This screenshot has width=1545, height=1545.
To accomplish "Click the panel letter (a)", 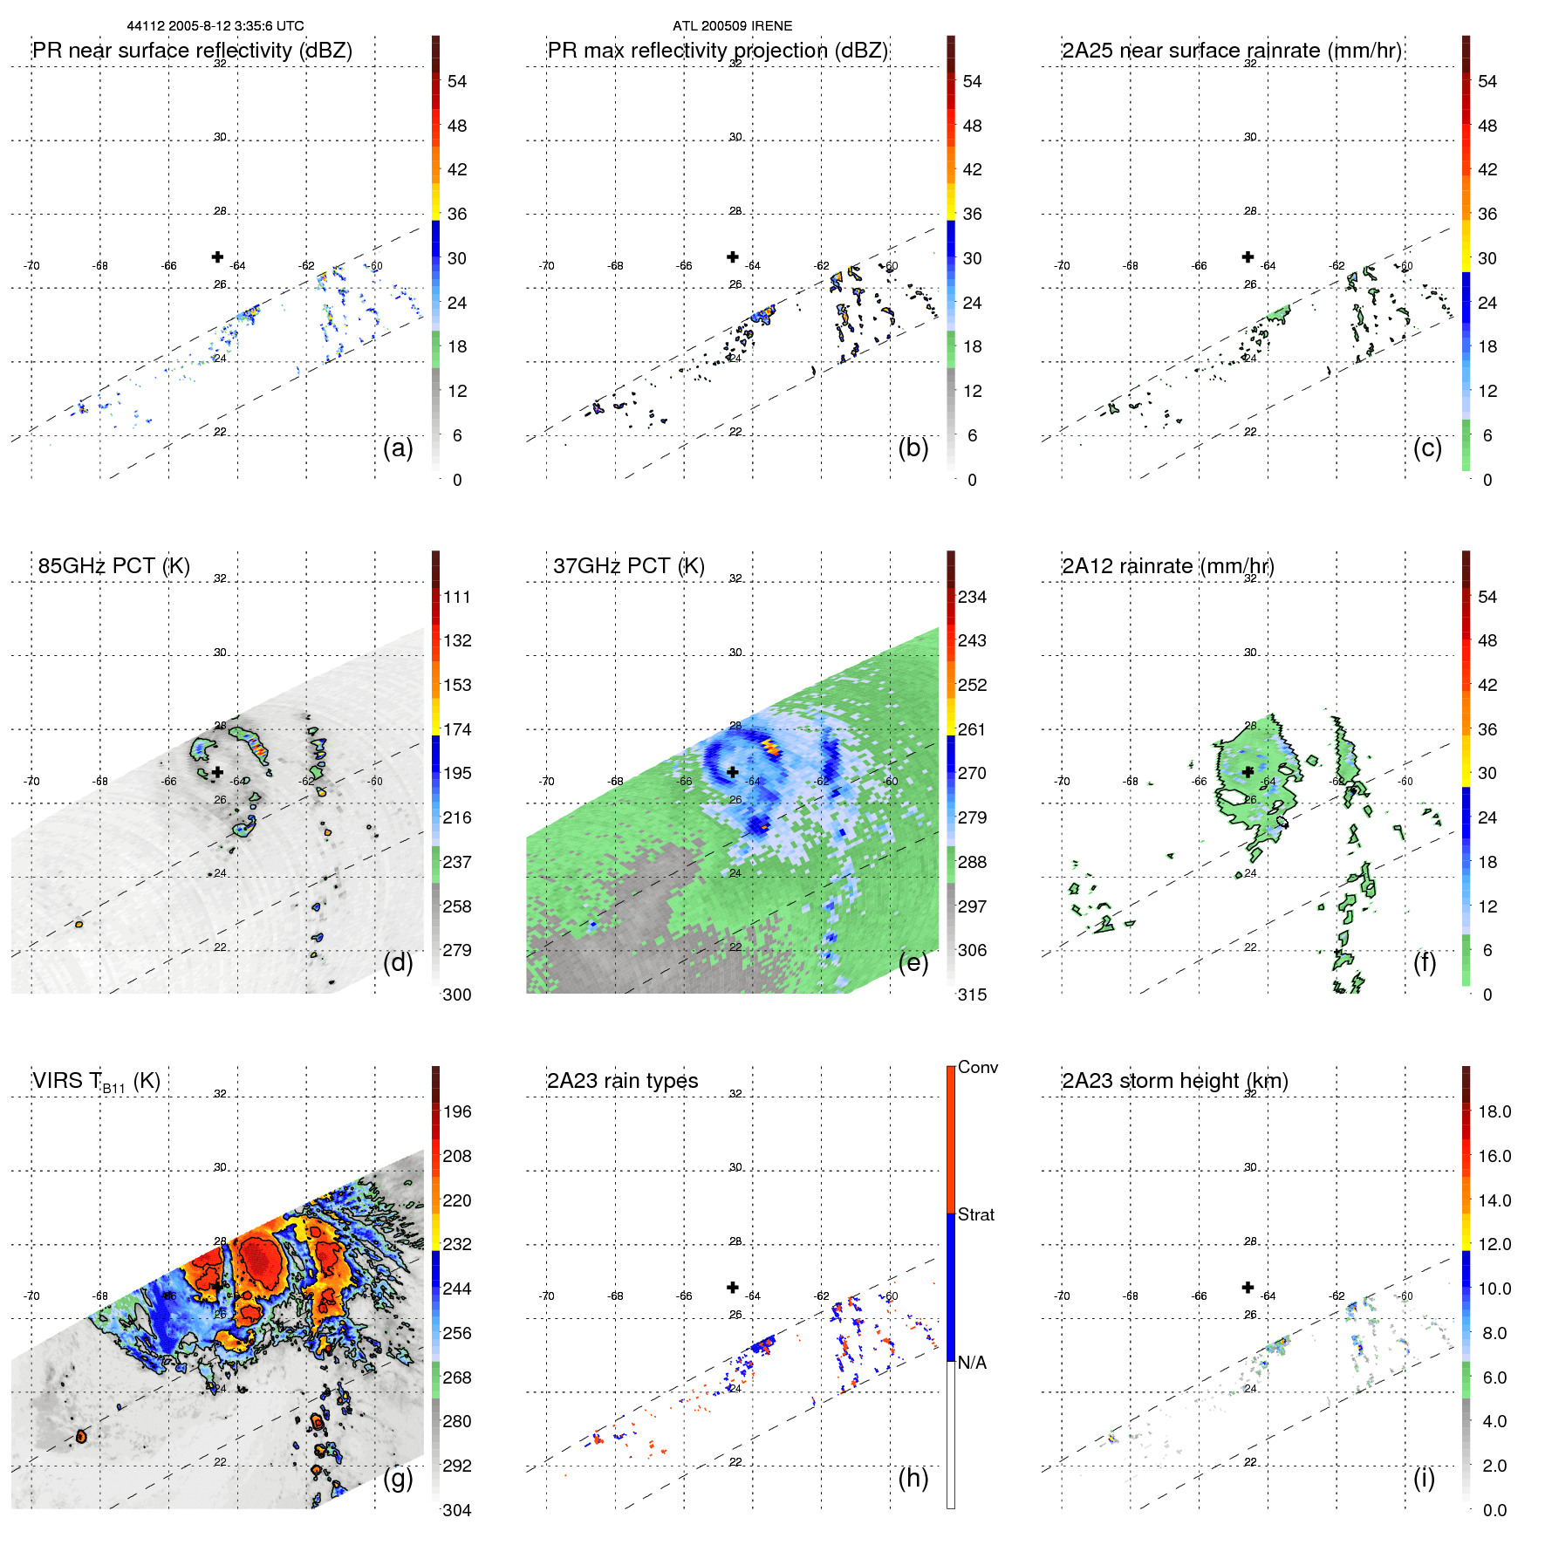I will coord(398,448).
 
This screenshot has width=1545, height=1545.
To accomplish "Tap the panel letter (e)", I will coord(913,963).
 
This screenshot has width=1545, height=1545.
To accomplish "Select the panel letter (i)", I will coord(1424,1478).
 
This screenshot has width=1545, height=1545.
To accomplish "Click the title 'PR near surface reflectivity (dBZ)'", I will coord(192,51).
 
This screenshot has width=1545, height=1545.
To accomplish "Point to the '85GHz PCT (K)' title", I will coord(113,566).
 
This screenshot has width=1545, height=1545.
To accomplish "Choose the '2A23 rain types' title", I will coord(622,1081).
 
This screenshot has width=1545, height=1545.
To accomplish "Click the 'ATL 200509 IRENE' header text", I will coord(732,26).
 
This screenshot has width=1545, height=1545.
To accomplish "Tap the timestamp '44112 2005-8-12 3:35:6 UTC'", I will coord(215,26).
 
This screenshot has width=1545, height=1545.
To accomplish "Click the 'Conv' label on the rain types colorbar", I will coord(977,1067).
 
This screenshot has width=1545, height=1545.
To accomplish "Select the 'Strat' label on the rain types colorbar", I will coord(975,1214).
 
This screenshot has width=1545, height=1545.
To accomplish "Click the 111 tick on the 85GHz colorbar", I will coord(457,597).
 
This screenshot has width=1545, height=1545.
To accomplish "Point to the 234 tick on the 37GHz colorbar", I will coord(972,597).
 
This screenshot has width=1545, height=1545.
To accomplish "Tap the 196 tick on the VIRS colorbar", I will coord(457,1111).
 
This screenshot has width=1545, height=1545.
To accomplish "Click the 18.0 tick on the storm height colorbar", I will coord(1494,1111).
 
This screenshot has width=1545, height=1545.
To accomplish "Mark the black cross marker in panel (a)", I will coord(217,256).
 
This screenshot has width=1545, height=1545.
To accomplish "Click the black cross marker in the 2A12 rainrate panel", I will coord(1248,771).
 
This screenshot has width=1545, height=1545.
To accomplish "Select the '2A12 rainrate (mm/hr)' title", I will coord(1167,566).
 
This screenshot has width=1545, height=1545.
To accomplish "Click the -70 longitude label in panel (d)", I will coord(31,781).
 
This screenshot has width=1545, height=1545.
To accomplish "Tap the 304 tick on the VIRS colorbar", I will coord(457,1510).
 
